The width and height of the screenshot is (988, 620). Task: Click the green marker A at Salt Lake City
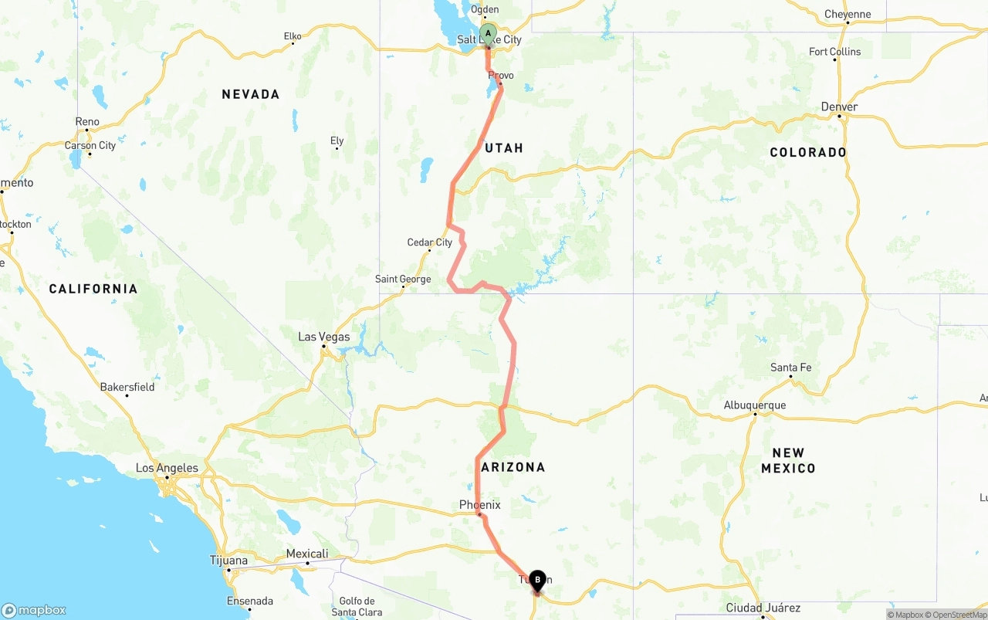click(488, 34)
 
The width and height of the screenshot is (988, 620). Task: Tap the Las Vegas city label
click(324, 337)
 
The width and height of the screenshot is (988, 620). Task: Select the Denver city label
click(840, 107)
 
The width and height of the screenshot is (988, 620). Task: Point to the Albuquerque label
click(754, 405)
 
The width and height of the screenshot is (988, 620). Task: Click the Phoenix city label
click(480, 505)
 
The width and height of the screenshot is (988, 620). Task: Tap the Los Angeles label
click(167, 468)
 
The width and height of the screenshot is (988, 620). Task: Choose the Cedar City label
click(430, 242)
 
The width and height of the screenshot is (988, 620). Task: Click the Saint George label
click(403, 279)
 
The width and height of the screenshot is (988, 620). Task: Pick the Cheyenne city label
click(848, 14)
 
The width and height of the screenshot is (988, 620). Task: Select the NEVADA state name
click(250, 94)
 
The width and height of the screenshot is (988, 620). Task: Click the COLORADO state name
click(808, 152)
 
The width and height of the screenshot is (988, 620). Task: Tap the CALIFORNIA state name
click(93, 289)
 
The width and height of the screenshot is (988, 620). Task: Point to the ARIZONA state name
click(513, 467)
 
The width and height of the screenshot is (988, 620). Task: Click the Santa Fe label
click(791, 368)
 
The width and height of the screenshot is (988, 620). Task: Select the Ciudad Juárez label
click(763, 608)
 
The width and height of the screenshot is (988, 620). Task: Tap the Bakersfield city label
click(127, 387)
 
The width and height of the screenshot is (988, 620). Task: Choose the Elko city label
click(293, 36)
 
